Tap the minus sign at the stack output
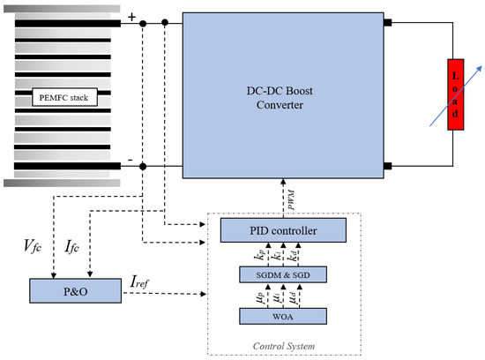[131, 158]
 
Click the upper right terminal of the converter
[385, 24]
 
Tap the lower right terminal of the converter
[385, 166]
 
